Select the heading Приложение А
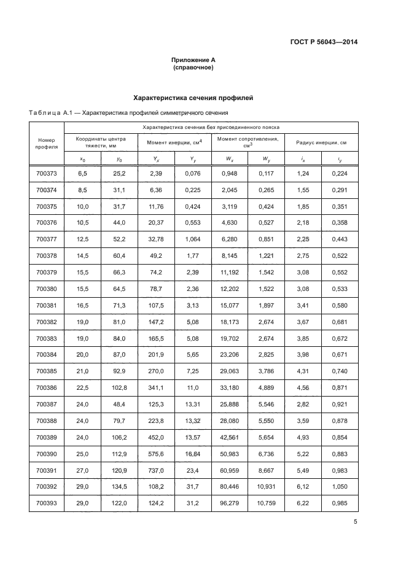click(193, 60)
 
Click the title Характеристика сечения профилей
click(193, 98)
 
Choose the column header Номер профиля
click(46, 144)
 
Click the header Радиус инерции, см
click(321, 142)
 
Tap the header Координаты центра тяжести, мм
click(101, 142)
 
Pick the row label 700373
click(46, 174)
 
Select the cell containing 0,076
click(193, 174)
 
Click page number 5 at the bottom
click(355, 522)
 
